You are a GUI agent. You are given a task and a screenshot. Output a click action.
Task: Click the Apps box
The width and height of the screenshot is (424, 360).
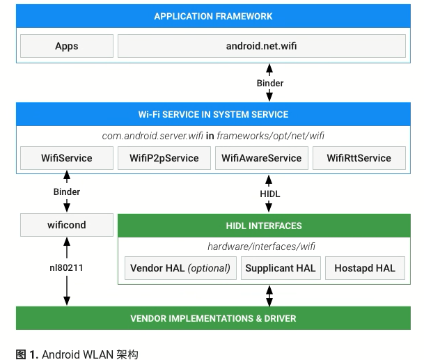[x=67, y=46]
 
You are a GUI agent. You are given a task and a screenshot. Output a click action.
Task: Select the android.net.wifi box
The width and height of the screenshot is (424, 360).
[x=261, y=46]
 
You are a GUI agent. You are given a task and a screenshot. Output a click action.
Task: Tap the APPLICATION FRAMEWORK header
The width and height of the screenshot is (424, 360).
[x=213, y=16]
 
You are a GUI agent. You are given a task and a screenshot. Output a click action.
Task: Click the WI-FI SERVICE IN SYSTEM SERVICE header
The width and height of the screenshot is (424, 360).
[x=213, y=114]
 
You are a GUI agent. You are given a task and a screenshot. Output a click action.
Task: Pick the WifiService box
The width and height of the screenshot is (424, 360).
[x=67, y=157]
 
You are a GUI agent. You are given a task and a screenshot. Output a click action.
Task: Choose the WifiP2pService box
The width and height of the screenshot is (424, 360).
[x=164, y=157]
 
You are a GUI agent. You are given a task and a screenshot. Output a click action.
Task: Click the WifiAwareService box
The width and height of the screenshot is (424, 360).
[x=261, y=157]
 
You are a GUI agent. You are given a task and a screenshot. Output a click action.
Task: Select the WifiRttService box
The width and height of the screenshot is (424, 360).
[x=359, y=157]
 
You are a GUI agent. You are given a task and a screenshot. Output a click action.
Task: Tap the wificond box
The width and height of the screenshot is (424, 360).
[x=67, y=226]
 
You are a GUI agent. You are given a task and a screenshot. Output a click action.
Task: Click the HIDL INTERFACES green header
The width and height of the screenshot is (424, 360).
[x=264, y=226]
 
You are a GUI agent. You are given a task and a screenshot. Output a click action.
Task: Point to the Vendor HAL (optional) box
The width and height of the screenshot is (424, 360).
[x=180, y=268]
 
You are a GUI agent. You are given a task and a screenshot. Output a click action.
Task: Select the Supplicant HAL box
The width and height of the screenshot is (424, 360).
[x=281, y=268]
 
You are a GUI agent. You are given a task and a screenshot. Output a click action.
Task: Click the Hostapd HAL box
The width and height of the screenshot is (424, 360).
[x=365, y=268]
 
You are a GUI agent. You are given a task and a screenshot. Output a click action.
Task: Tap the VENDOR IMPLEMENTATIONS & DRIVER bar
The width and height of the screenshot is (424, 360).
[x=213, y=318]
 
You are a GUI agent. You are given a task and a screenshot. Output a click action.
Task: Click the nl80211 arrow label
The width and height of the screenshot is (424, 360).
[x=67, y=266]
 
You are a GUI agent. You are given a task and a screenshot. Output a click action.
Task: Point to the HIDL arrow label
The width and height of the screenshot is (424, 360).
[x=270, y=194]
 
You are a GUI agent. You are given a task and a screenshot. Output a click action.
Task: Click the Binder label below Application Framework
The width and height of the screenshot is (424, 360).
[x=270, y=83]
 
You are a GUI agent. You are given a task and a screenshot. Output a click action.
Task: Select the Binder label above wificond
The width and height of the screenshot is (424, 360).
[x=67, y=191]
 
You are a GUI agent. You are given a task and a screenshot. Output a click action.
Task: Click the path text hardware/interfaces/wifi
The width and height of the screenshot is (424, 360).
[x=261, y=246]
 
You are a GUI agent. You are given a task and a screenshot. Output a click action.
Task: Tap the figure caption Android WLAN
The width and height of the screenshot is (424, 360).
[x=77, y=354]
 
